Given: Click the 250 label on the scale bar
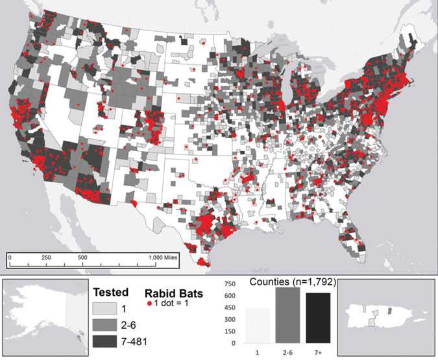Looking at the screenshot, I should coord(46,257).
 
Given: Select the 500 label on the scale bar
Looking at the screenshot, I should coord(83,257).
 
